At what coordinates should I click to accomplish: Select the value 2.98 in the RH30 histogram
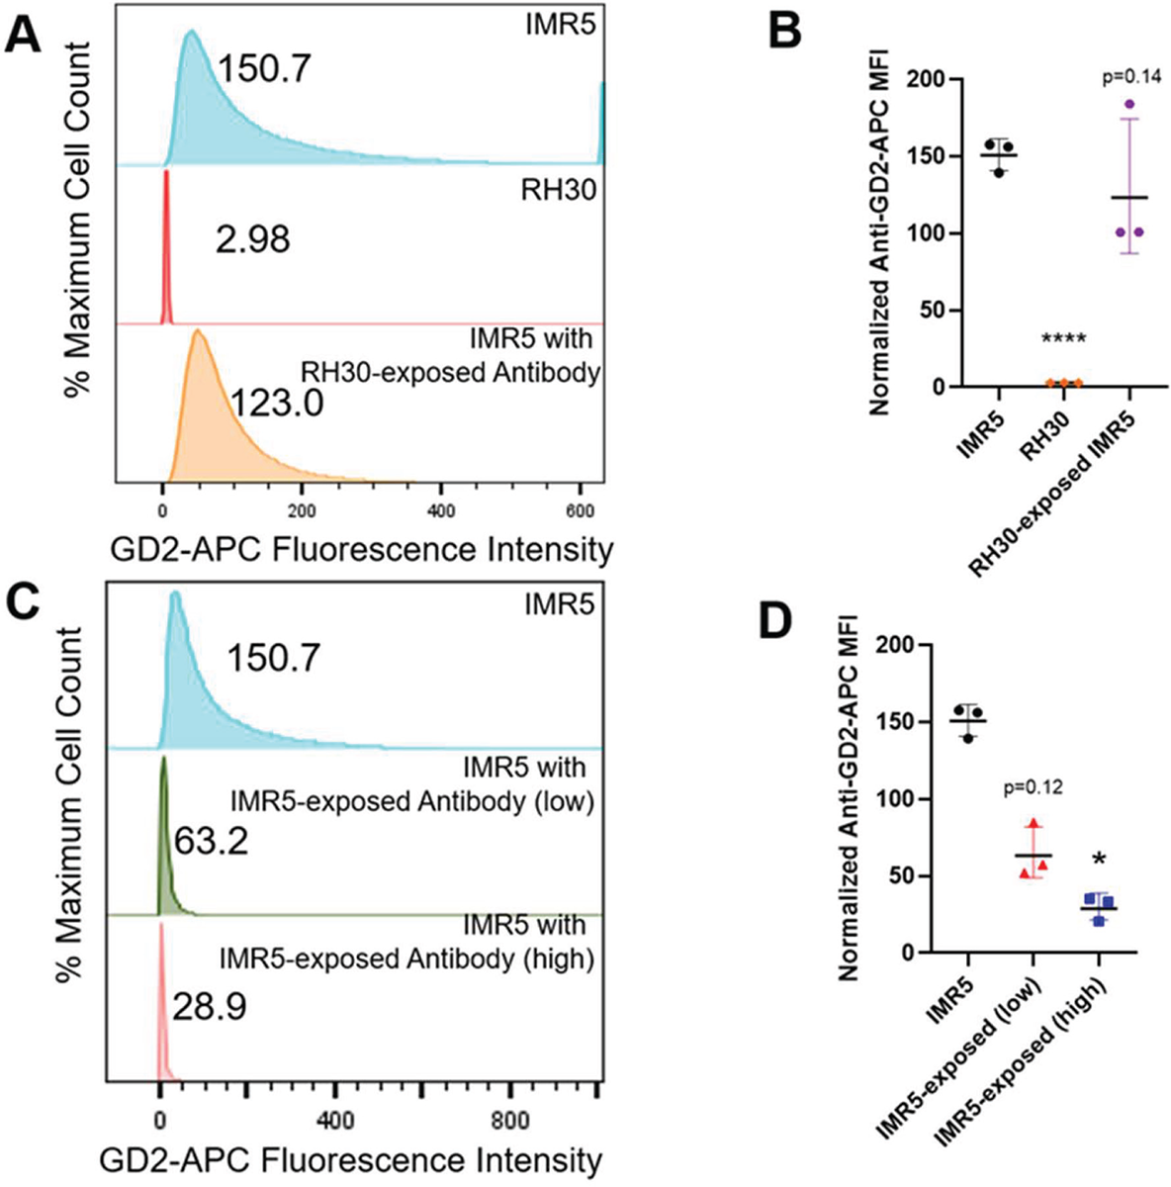point(252,239)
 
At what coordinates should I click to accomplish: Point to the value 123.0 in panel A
point(277,405)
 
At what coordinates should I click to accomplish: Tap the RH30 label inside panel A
point(558,189)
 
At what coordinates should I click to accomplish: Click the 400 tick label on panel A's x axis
point(440,510)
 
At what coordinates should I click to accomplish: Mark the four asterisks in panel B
point(1064,338)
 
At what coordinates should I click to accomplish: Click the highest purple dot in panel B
point(1129,104)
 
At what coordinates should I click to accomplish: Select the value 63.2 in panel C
point(211,841)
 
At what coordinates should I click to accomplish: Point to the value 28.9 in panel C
point(209,1007)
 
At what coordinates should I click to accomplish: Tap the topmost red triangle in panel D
point(1035,824)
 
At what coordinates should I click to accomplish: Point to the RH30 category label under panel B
point(1045,435)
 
